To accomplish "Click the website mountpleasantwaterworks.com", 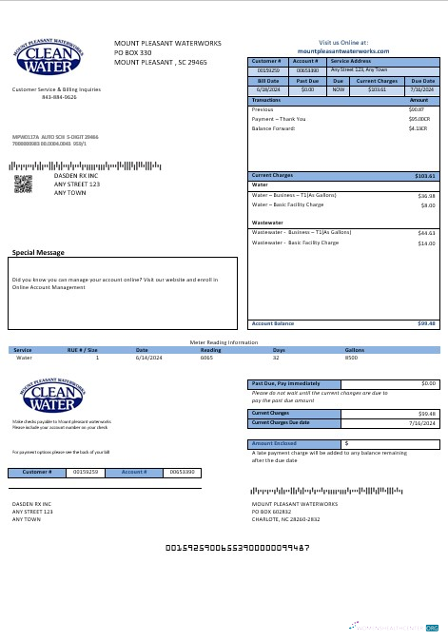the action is click(x=344, y=49).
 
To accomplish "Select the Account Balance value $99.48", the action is click(x=426, y=323).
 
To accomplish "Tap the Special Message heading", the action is click(x=38, y=252).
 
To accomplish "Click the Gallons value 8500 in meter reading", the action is click(x=351, y=358).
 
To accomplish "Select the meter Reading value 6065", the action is click(x=206, y=358).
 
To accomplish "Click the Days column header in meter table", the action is click(x=279, y=349).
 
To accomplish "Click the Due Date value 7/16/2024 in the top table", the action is click(x=421, y=89).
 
